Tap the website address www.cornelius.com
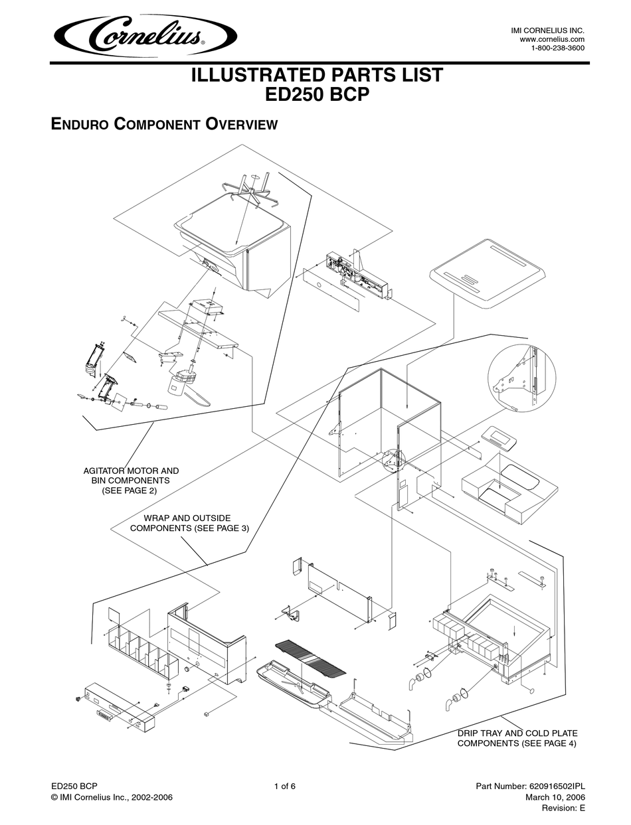pos(552,40)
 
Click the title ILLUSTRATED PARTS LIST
pos(317,75)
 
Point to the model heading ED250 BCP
pos(317,95)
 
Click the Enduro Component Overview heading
pos(164,124)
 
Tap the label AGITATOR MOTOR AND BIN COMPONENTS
pos(130,480)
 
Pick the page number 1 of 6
pos(284,787)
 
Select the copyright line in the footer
pos(112,797)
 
